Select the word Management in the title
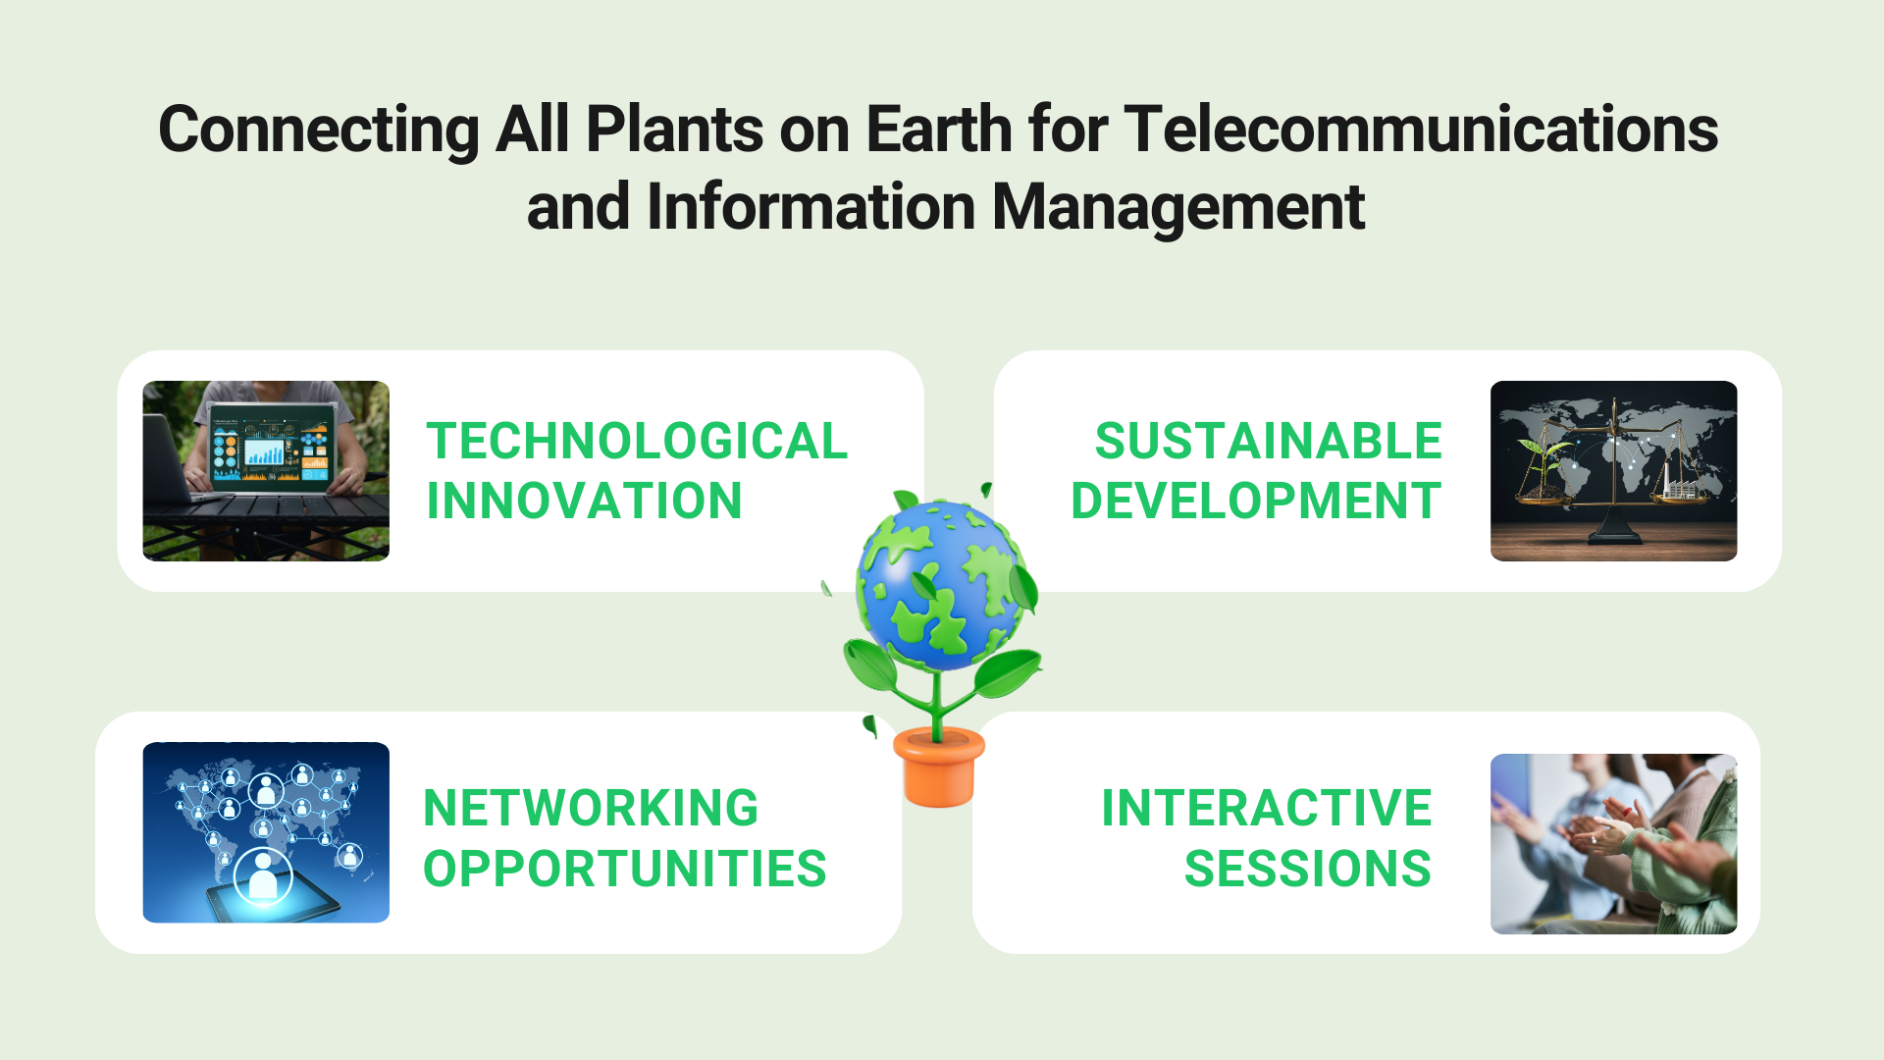pos(1178,209)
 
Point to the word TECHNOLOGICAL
pos(637,441)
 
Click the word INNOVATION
pos(585,501)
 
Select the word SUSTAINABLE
pos(1268,441)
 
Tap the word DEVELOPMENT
pos(1256,501)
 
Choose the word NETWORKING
pos(591,808)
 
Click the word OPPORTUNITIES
pos(625,869)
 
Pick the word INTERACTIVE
pos(1267,808)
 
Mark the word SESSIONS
pos(1308,869)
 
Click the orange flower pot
pos(939,768)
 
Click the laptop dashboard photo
pos(266,471)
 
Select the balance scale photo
pos(1614,471)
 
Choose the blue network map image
pos(266,832)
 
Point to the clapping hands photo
pos(1614,844)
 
